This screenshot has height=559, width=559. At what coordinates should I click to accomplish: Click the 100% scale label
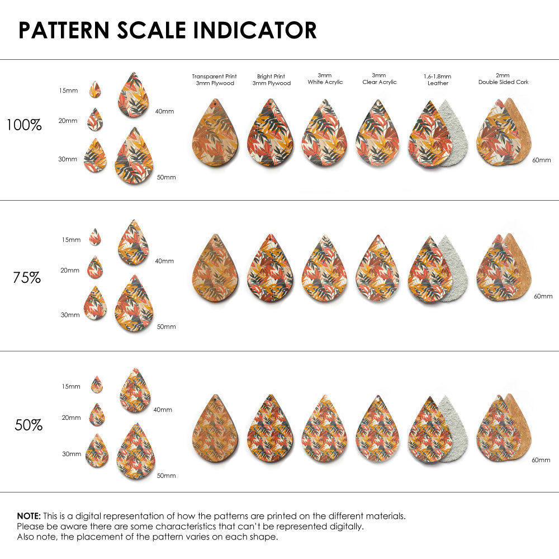click(24, 125)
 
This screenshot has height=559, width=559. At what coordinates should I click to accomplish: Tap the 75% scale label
click(27, 277)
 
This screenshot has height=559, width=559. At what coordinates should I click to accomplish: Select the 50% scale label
click(29, 425)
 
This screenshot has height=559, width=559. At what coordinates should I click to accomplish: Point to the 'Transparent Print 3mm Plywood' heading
click(214, 80)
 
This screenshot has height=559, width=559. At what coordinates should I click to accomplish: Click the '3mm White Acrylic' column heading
click(325, 79)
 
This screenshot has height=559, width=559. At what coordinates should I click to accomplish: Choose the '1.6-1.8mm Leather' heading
click(438, 80)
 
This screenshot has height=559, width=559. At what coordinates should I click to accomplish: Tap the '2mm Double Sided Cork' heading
click(503, 79)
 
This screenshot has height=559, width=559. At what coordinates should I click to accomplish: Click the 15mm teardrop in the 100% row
click(95, 89)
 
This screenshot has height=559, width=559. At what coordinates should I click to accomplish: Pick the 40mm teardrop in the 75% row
click(134, 243)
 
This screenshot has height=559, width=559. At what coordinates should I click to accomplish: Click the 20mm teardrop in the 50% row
click(97, 415)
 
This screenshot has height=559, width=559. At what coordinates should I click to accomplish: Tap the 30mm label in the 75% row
click(70, 315)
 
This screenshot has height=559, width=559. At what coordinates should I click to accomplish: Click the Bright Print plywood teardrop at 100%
click(271, 134)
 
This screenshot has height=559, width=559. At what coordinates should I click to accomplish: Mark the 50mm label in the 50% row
click(167, 476)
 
